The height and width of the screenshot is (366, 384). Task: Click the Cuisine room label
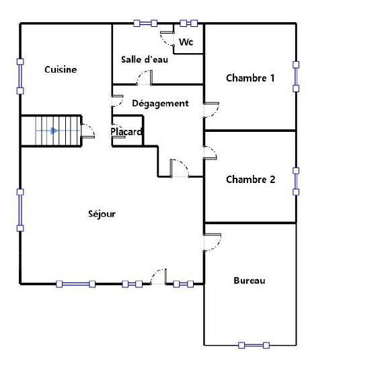coord(61,69)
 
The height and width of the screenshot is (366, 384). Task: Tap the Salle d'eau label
coord(145,59)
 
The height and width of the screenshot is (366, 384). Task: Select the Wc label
coord(186,42)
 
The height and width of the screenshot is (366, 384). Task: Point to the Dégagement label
coord(161,104)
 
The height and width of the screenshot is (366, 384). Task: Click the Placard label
coord(126,132)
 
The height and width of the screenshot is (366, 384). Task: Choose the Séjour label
coord(102,214)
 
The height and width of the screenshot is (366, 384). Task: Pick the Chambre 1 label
coord(250,78)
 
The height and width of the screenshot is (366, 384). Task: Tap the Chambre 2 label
coord(251,180)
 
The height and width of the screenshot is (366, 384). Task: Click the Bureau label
coord(249,281)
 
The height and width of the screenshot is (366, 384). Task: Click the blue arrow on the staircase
coord(47,131)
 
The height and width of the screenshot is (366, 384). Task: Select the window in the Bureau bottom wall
coord(254,345)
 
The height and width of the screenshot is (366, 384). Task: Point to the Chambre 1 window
coord(296,77)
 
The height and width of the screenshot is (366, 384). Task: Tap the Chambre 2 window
coord(296,181)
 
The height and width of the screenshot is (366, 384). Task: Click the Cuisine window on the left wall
coord(20,76)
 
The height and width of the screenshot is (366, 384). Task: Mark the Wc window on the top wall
coord(188,24)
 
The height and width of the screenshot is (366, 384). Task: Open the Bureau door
coord(213,242)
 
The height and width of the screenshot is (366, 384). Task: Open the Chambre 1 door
coord(211,110)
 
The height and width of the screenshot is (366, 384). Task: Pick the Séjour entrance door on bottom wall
coord(159,277)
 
